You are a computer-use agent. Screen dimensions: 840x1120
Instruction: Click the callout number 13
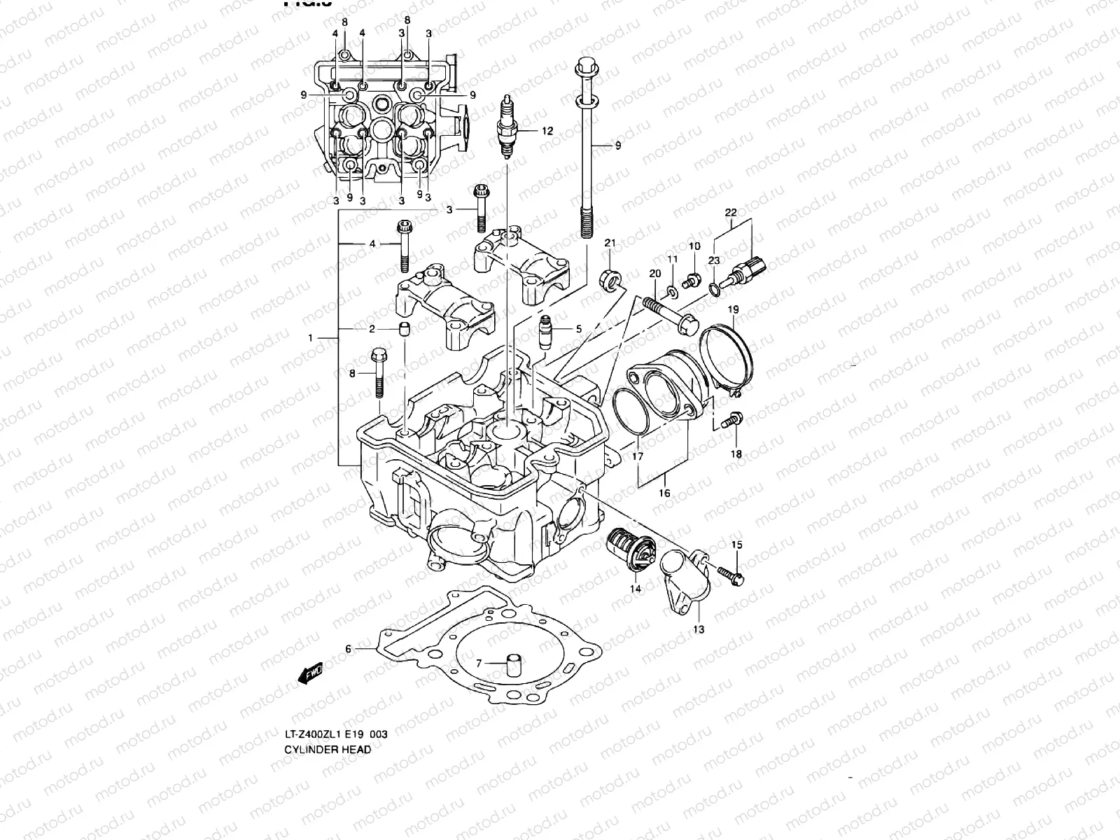pyautogui.click(x=699, y=629)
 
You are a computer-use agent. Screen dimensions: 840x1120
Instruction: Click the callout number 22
pyautogui.click(x=731, y=211)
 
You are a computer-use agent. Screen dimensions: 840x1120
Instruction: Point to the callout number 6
pyautogui.click(x=349, y=649)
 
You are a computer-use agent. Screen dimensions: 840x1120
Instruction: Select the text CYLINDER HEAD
pyautogui.click(x=328, y=749)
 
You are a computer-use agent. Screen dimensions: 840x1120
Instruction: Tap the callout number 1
pyautogui.click(x=310, y=338)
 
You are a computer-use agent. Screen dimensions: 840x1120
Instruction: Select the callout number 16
pyautogui.click(x=664, y=493)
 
